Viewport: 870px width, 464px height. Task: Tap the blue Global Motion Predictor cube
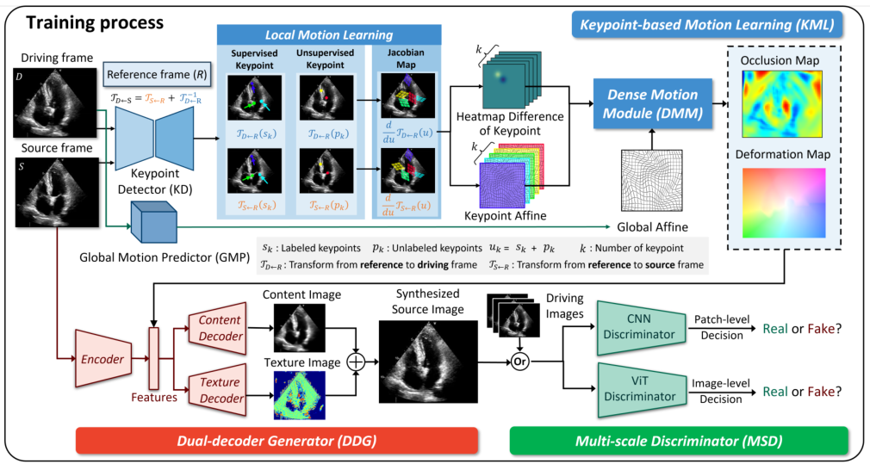(x=152, y=225)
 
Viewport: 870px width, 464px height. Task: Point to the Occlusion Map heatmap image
(x=783, y=110)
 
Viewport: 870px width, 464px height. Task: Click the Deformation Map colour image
(x=783, y=203)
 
